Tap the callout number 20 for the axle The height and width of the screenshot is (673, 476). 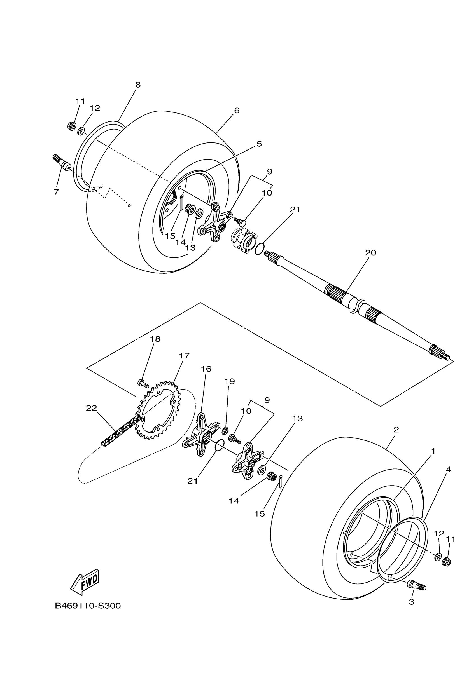[370, 253]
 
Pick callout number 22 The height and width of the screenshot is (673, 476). [91, 408]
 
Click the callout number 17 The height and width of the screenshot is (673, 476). [184, 356]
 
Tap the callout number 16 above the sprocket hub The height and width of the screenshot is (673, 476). [206, 369]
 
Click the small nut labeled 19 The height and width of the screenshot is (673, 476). [225, 431]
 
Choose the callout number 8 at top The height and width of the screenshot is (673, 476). [138, 85]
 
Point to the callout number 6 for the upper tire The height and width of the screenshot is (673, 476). [237, 111]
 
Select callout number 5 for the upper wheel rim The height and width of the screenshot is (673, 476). [259, 144]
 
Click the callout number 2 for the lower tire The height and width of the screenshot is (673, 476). [396, 430]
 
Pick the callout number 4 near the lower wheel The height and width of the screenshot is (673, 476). [448, 470]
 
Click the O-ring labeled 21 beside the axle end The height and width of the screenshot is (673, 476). [258, 248]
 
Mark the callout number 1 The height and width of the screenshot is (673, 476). [433, 451]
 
